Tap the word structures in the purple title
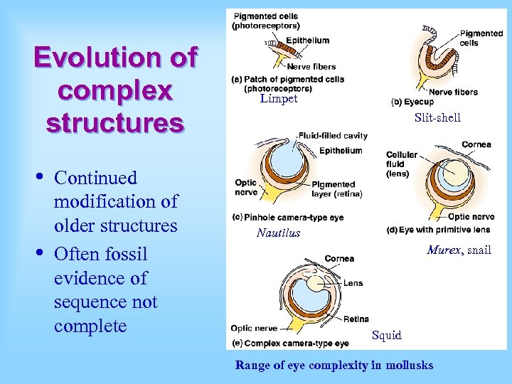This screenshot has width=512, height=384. tap(114, 122)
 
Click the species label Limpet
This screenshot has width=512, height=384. tap(279, 99)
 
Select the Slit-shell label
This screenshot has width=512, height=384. tap(437, 117)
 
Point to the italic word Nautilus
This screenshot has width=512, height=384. tap(278, 233)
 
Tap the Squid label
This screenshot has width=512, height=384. tap(387, 335)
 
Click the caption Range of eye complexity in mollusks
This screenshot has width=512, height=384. tap(334, 365)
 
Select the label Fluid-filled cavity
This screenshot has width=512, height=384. tap(333, 135)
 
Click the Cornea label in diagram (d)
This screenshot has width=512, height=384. tap(476, 144)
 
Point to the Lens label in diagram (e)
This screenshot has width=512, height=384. tap(353, 283)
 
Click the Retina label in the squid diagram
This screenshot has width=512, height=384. tap(356, 319)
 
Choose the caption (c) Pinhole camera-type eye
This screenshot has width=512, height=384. tap(287, 217)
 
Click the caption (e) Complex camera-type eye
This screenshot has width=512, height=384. tap(289, 343)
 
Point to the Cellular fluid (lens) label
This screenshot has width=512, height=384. tap(402, 164)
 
